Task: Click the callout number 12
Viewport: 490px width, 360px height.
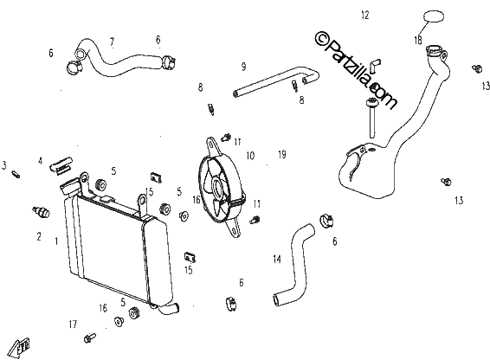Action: pyautogui.click(x=365, y=15)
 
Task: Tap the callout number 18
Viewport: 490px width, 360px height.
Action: pyautogui.click(x=418, y=41)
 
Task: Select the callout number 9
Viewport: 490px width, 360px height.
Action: pyautogui.click(x=244, y=67)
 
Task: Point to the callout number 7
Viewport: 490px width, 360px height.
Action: pyautogui.click(x=112, y=42)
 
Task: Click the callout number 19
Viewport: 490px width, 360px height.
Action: pyautogui.click(x=282, y=154)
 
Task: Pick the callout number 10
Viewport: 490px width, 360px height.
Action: pyautogui.click(x=250, y=156)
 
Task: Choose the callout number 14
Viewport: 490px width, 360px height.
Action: pyautogui.click(x=277, y=259)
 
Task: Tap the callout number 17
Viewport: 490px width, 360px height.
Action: pyautogui.click(x=73, y=325)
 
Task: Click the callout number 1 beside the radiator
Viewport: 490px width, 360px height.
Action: pyautogui.click(x=56, y=241)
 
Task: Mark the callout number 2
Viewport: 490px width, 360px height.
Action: pyautogui.click(x=39, y=236)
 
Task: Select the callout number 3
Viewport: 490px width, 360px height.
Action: pyautogui.click(x=4, y=165)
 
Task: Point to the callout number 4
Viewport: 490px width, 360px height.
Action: pyautogui.click(x=41, y=161)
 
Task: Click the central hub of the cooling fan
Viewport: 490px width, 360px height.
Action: pyautogui.click(x=217, y=185)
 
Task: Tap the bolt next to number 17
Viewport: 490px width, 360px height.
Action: pyautogui.click(x=90, y=337)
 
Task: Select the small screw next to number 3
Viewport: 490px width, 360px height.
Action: pyautogui.click(x=16, y=174)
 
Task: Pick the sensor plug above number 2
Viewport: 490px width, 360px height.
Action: pyautogui.click(x=41, y=212)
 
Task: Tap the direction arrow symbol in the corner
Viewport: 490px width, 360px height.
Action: pyautogui.click(x=19, y=347)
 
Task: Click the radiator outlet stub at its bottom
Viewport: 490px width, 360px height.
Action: pyautogui.click(x=169, y=309)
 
